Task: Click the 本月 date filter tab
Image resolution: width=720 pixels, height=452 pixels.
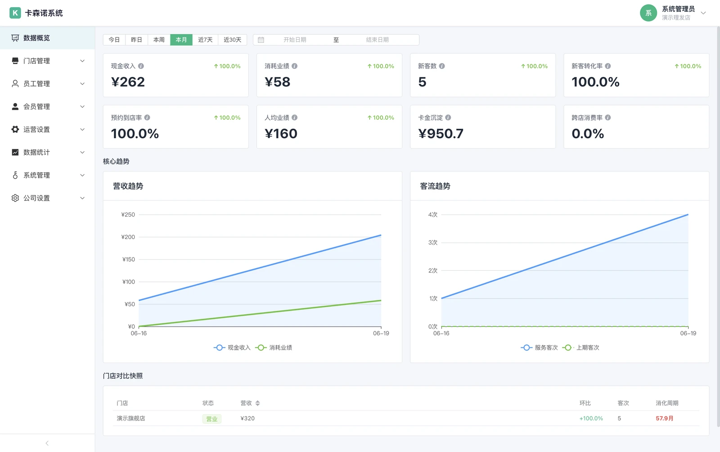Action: pyautogui.click(x=181, y=40)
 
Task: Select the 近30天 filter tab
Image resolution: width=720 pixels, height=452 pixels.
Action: pyautogui.click(x=232, y=40)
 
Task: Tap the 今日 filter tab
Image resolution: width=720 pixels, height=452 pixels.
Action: pyautogui.click(x=114, y=40)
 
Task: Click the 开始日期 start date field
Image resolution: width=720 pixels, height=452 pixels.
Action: pyautogui.click(x=295, y=40)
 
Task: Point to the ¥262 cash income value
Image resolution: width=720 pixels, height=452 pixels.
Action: pyautogui.click(x=128, y=81)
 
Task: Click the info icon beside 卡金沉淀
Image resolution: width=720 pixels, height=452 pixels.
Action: pyautogui.click(x=448, y=118)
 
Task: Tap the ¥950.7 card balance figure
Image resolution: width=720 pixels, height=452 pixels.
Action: pyautogui.click(x=441, y=133)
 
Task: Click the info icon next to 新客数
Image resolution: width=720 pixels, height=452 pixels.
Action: pyautogui.click(x=442, y=66)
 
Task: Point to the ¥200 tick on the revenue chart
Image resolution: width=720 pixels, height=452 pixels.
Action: pyautogui.click(x=128, y=237)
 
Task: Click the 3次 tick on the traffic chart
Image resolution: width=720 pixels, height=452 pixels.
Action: pyautogui.click(x=432, y=242)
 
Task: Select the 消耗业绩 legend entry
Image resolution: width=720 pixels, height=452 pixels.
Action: pyautogui.click(x=274, y=348)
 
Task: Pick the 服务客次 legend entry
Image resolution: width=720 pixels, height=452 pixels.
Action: pyautogui.click(x=540, y=348)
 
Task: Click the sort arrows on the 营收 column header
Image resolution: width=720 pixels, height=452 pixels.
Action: pyautogui.click(x=257, y=403)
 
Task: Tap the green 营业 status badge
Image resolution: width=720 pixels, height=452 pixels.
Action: pyautogui.click(x=212, y=419)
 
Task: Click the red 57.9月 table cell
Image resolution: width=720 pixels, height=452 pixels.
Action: pyautogui.click(x=664, y=418)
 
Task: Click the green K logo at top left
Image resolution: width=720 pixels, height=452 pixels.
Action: pyautogui.click(x=15, y=13)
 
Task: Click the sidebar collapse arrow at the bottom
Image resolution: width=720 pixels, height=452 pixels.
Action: pyautogui.click(x=47, y=443)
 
